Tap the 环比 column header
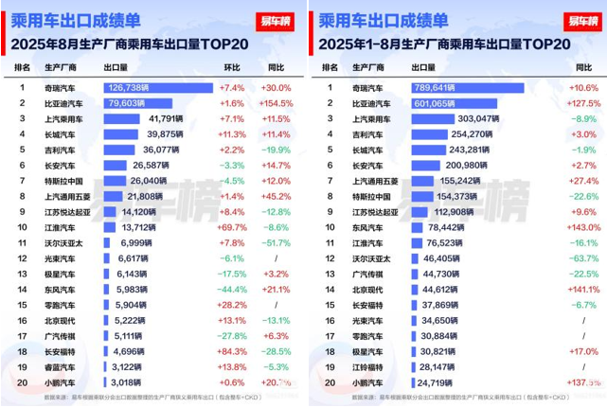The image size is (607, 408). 232,67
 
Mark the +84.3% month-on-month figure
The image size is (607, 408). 232,350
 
